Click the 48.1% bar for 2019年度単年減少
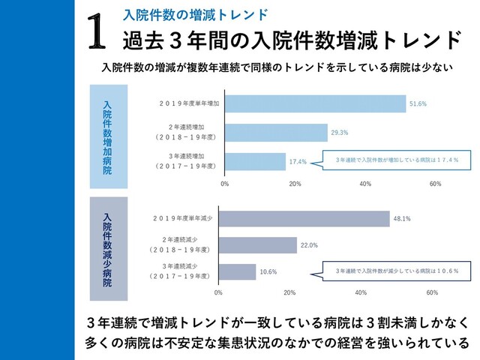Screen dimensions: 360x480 point(304,219)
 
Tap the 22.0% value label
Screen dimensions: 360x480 point(309,244)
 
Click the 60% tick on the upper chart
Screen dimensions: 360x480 point(435,183)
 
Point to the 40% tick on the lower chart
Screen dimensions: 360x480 point(361,292)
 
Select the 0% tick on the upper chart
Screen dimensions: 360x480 point(224,183)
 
